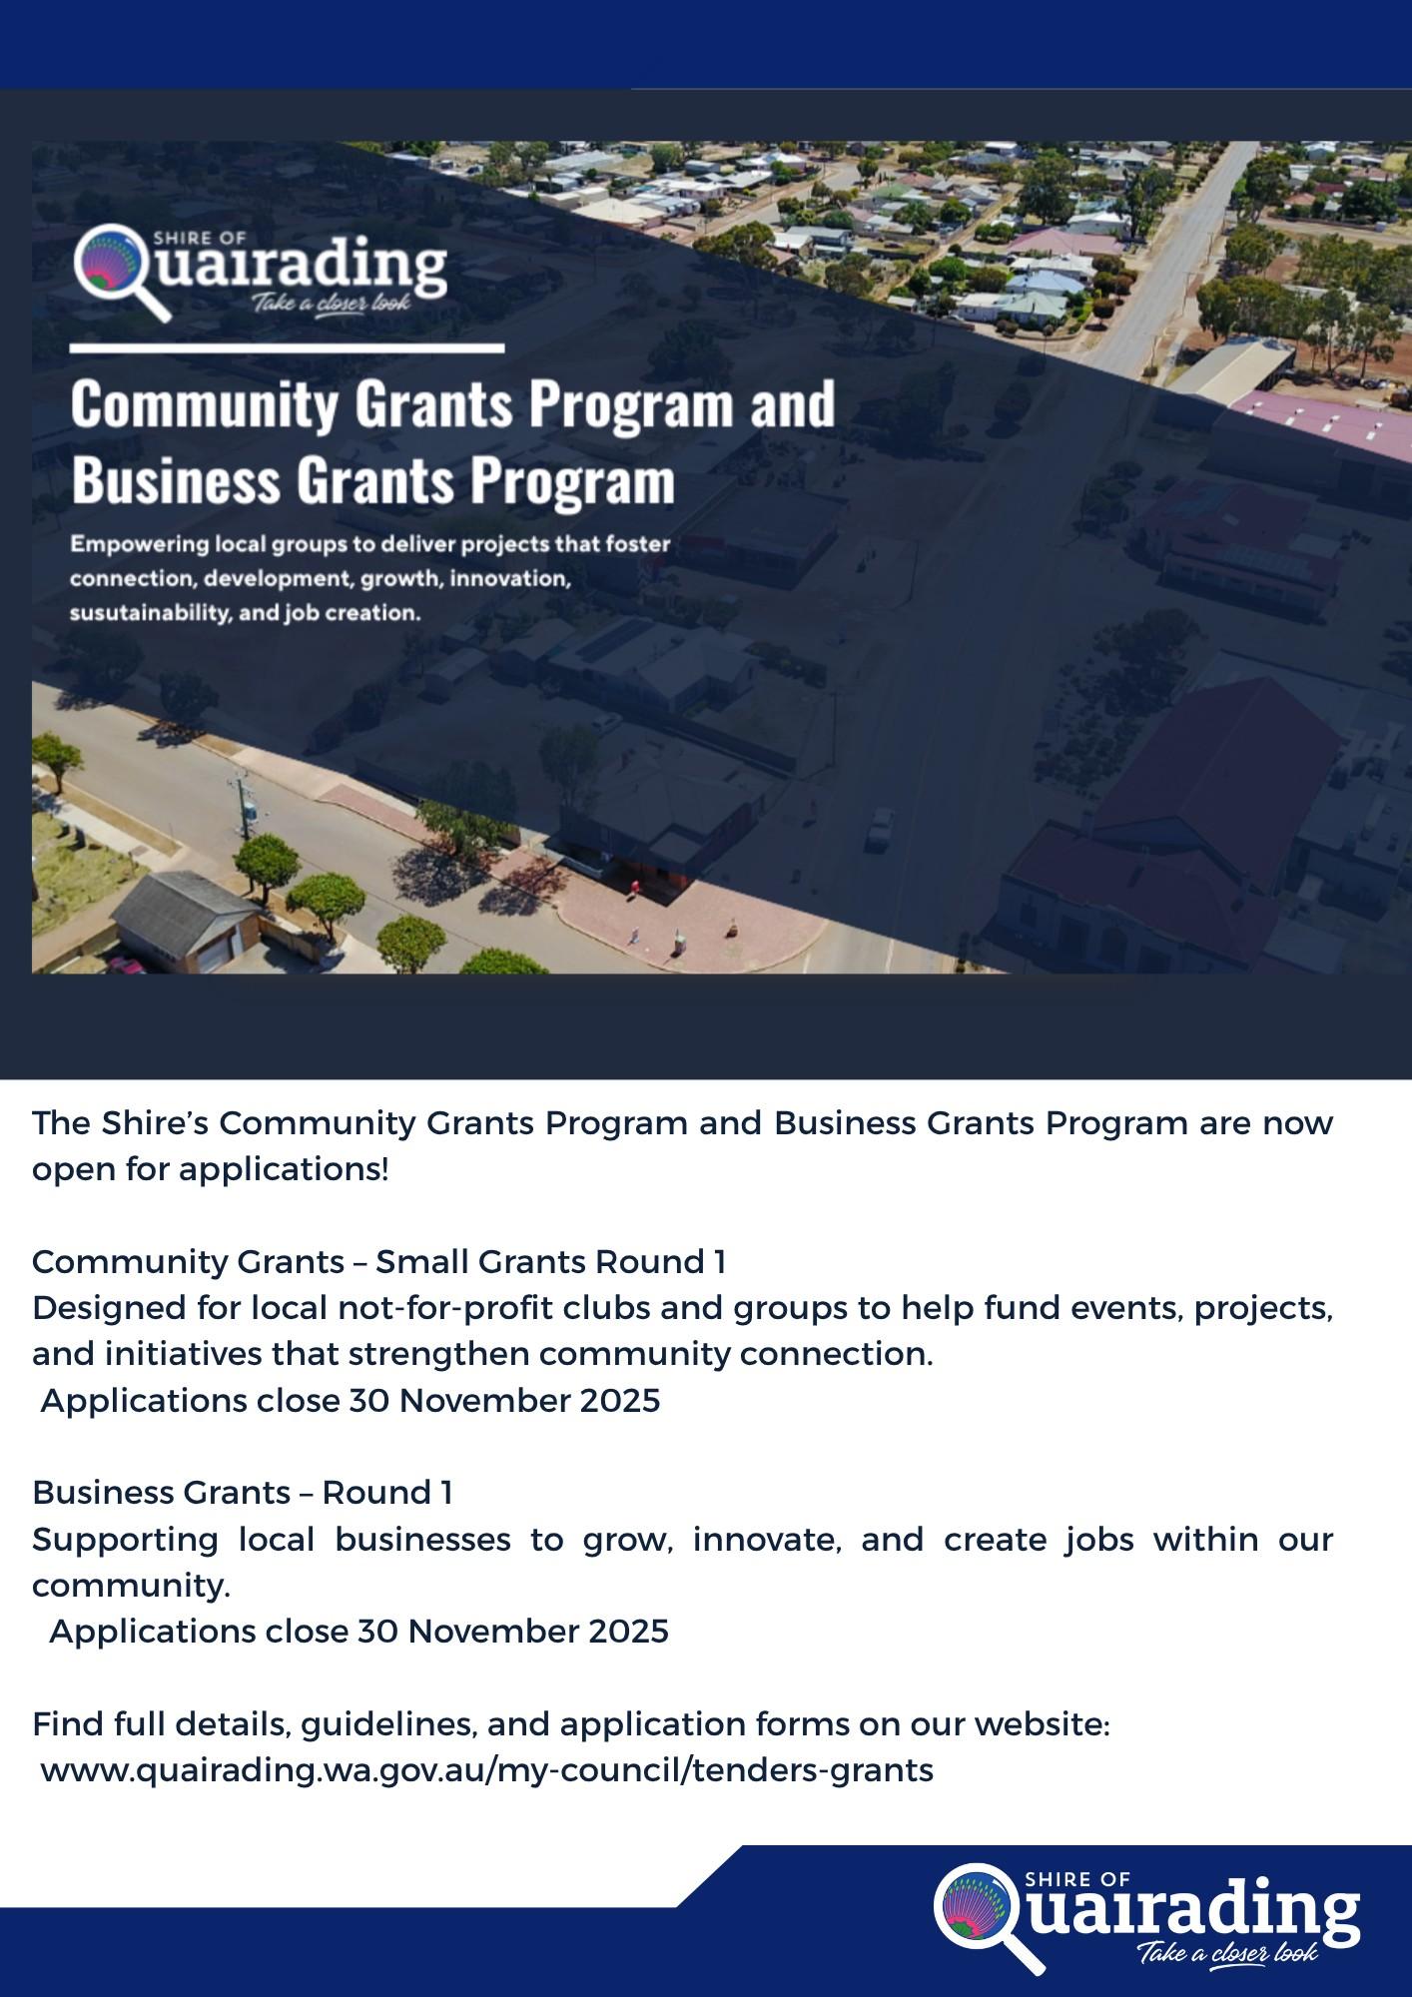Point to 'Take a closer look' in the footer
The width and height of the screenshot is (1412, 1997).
[1227, 1952]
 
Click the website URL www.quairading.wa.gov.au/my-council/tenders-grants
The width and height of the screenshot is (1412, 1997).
[487, 1770]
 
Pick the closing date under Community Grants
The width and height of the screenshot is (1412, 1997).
[504, 1401]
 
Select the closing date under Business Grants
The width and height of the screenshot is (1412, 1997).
[513, 1632]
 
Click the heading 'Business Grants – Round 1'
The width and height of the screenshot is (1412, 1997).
[243, 1493]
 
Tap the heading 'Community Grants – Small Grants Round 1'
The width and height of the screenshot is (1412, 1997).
[378, 1262]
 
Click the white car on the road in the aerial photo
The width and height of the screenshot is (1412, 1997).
[880, 829]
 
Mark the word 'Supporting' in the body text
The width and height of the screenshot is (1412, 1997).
[125, 1540]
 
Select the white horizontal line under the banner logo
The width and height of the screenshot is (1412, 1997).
[287, 348]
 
